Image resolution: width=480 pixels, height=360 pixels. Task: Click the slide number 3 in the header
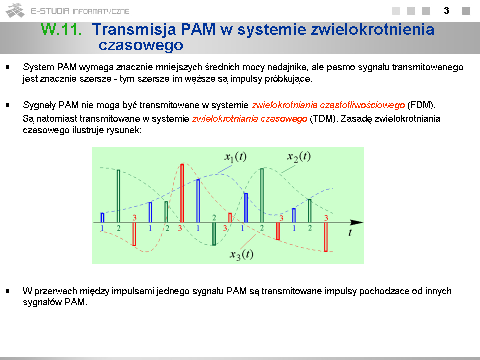coord(446,10)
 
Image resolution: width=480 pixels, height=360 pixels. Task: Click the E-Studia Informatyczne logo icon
coord(15,10)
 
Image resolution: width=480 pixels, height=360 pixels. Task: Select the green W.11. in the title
coord(61,29)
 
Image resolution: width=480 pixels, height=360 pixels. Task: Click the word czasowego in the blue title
coord(141,45)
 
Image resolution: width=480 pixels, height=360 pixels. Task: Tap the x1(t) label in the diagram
coord(235,157)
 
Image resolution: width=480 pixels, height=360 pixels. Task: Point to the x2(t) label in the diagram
coord(299,156)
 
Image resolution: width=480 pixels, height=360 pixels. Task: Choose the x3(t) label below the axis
coord(242,254)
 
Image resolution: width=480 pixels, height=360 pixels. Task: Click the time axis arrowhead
coord(356,223)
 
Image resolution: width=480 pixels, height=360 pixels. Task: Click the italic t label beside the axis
coord(350,233)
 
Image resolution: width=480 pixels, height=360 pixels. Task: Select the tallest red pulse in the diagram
coord(182,193)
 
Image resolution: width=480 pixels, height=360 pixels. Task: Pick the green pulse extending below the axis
coord(214,234)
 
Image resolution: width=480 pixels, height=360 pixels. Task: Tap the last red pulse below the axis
coord(326,237)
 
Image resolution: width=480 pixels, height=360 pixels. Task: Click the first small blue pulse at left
coord(102,217)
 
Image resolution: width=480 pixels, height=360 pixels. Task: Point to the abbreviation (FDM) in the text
coord(421,105)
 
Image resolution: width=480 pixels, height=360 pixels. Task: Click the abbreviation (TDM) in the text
coord(324,119)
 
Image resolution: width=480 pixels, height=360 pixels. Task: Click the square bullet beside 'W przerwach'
coord(8,291)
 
